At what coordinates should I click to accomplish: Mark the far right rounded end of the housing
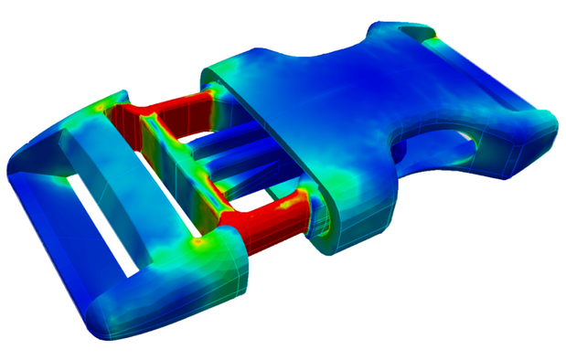click(x=543, y=137)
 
